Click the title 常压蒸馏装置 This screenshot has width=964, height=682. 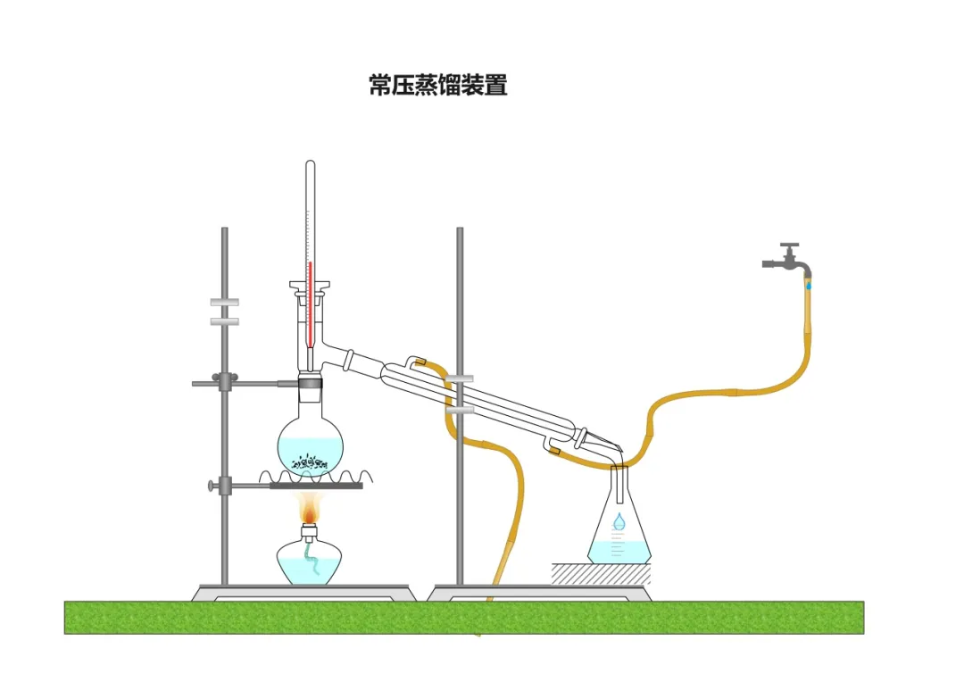pos(438,86)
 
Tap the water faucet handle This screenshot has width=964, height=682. pos(789,245)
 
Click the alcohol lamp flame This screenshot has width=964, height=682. pos(310,510)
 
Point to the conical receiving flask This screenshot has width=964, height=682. pos(619,527)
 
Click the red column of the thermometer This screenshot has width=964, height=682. pos(309,304)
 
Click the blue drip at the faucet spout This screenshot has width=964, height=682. pos(809,285)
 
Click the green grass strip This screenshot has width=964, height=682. pos(464,617)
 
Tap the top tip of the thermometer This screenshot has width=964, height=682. pos(310,163)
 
